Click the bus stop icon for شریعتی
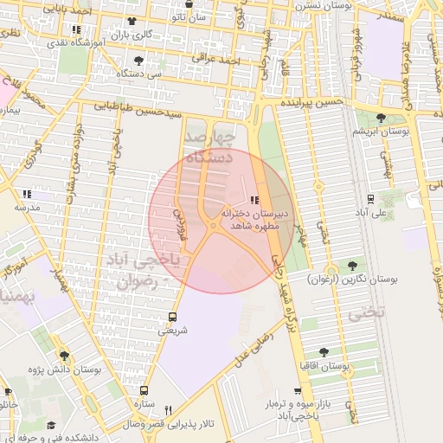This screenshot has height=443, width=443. [171, 317]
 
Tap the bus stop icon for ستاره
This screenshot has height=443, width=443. [144, 390]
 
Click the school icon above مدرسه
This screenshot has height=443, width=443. [27, 194]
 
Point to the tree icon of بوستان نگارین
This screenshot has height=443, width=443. [352, 266]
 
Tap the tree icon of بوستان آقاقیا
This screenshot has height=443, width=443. [324, 352]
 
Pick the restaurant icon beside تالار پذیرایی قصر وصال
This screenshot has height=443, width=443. [169, 410]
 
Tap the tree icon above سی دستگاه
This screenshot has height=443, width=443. [139, 61]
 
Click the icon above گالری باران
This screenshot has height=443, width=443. [131, 21]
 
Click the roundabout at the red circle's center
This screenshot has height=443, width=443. [213, 226]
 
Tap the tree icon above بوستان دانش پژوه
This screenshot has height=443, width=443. [62, 355]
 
